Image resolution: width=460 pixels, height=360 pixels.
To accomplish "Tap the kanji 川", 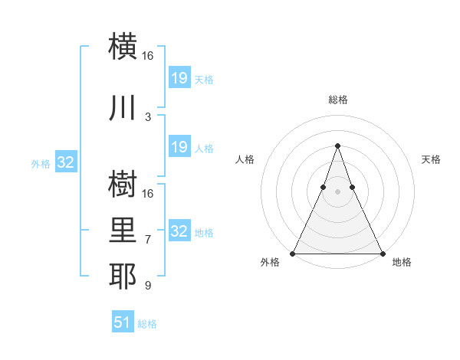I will (x=123, y=107).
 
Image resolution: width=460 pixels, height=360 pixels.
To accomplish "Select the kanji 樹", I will (x=123, y=184).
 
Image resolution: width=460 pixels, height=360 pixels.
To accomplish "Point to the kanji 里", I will (x=123, y=231).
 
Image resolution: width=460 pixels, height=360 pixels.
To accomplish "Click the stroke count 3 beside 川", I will (x=148, y=116).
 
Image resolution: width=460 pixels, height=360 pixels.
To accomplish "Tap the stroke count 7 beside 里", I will (x=148, y=240).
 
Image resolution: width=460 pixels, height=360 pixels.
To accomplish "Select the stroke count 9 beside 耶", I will (x=148, y=286).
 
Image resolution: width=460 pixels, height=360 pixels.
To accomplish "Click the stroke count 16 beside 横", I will (x=148, y=56).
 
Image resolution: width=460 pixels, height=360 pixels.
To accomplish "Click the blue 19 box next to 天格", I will (x=179, y=77).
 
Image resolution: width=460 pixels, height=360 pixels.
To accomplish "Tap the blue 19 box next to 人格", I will (x=179, y=147).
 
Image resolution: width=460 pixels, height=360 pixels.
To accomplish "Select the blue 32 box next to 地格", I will (x=179, y=231).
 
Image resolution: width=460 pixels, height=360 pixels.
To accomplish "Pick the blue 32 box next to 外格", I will (x=66, y=162).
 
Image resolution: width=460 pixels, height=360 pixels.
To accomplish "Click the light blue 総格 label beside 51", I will (x=147, y=324).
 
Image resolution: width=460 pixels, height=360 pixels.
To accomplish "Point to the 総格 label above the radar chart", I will (x=337, y=100).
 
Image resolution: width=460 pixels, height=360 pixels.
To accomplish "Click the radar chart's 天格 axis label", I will (x=431, y=159).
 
